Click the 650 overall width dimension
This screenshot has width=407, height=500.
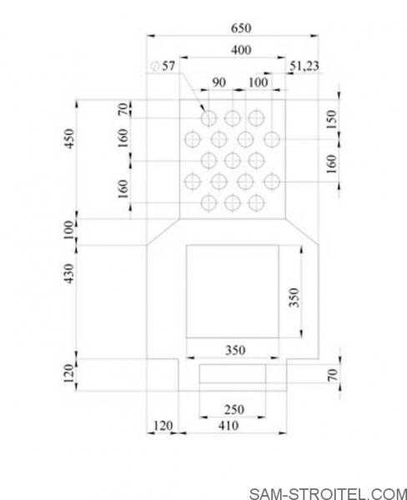click(x=241, y=28)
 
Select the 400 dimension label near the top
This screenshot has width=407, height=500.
click(x=241, y=50)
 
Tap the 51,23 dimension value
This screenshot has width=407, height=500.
click(x=304, y=66)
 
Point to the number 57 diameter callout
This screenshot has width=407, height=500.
click(x=168, y=67)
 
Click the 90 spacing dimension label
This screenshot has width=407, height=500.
click(x=219, y=82)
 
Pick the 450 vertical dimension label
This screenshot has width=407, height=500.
click(x=69, y=138)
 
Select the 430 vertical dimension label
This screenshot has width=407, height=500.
click(x=69, y=273)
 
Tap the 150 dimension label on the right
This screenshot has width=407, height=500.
click(x=331, y=119)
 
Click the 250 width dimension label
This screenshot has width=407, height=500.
click(x=234, y=410)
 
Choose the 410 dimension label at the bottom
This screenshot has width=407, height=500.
click(x=229, y=426)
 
